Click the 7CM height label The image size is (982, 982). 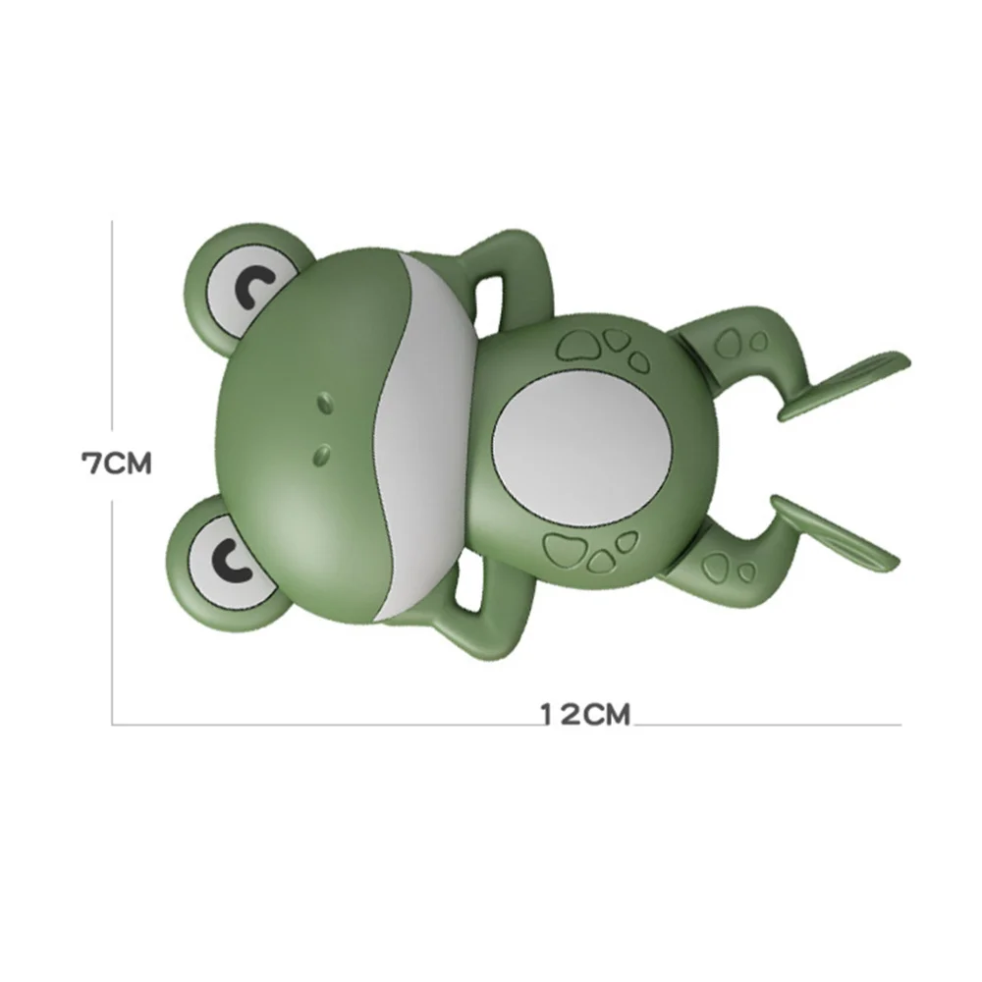[x=116, y=463]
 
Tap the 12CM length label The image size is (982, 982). [x=584, y=714]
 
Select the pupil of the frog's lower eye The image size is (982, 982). [x=231, y=558]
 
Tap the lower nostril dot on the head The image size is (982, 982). [x=321, y=453]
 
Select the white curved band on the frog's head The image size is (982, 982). [x=422, y=432]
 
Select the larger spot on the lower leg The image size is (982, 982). [x=720, y=565]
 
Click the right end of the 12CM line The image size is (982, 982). [x=900, y=725]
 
